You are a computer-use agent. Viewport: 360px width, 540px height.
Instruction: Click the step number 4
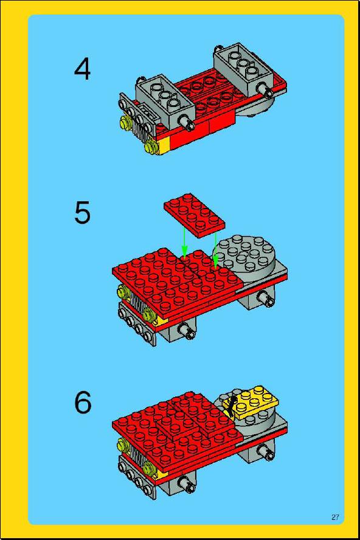coord(82,69)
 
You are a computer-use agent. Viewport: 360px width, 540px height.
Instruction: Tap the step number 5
coord(82,213)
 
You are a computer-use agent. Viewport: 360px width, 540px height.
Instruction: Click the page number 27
coord(335,517)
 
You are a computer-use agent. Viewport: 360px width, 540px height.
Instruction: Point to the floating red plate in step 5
coord(195,215)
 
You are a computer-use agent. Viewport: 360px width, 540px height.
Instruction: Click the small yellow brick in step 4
coord(162,146)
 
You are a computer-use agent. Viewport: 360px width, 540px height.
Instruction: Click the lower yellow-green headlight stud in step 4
coord(151,146)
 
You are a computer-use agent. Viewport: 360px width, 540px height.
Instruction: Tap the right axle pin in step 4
coord(266,91)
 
